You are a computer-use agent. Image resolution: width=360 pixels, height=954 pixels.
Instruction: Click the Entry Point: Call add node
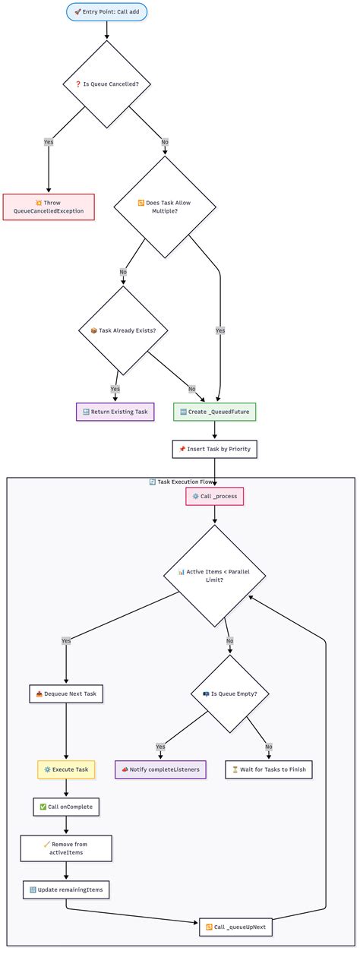click(x=107, y=11)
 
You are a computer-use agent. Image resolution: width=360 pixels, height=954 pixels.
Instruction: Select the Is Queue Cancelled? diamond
click(x=107, y=84)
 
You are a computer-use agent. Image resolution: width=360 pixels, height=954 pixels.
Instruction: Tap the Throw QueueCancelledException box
click(x=49, y=207)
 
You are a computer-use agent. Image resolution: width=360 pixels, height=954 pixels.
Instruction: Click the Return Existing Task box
click(x=115, y=412)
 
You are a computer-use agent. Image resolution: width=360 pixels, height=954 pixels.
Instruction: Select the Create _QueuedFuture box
click(x=215, y=412)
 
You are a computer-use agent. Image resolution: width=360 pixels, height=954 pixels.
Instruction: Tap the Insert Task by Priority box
click(x=215, y=450)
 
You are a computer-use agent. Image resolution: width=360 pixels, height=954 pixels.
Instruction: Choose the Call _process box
click(x=215, y=496)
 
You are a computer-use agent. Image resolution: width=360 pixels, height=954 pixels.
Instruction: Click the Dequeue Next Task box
click(x=65, y=693)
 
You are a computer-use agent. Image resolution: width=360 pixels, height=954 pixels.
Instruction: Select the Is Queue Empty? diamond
click(x=230, y=693)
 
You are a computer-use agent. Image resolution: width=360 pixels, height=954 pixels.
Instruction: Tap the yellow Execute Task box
click(x=66, y=769)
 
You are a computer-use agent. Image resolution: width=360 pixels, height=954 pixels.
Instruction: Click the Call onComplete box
click(x=66, y=807)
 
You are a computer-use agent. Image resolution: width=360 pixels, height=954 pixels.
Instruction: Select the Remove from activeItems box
click(x=66, y=848)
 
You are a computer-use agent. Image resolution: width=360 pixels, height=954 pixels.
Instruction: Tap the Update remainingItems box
click(x=66, y=889)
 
